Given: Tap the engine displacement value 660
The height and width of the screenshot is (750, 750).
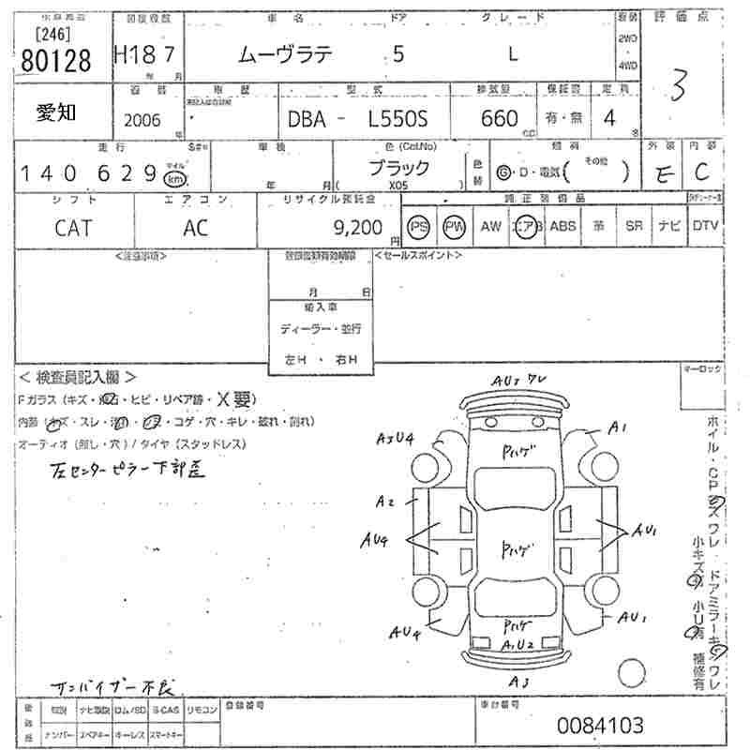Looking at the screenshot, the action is coord(499,119).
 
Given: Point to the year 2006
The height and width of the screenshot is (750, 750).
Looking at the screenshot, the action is coord(142,121).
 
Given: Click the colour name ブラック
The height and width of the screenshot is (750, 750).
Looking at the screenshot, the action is coord(398,168).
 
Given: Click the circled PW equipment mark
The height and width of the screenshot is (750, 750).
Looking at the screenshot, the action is coord(454,226).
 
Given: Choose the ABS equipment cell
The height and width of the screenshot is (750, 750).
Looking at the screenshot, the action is coord(562,226).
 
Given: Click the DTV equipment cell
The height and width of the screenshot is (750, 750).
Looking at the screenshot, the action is coord(706,226).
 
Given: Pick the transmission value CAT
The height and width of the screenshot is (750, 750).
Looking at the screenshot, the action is coord(72,226).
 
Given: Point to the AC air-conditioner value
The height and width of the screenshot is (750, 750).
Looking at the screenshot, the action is coord(196,226).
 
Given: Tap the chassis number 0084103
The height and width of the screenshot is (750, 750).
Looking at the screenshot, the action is coord(601,725).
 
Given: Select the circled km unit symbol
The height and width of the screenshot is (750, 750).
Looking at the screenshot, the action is coord(173,178).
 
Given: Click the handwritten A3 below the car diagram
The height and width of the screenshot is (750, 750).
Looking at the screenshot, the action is coord(518,681).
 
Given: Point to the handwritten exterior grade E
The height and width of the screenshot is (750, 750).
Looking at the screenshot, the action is coord(664,172).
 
